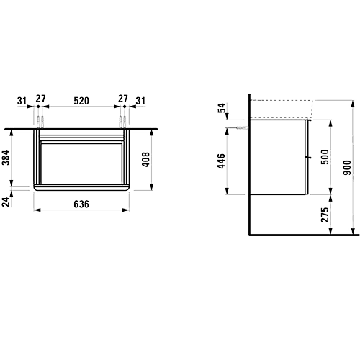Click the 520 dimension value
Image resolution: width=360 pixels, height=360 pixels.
[81, 101]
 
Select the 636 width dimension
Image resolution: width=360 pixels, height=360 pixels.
[81, 204]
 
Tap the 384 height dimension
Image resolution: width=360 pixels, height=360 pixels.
[6, 158]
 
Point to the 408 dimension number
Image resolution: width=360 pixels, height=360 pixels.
[145, 159]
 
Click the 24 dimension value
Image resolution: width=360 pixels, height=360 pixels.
[6, 202]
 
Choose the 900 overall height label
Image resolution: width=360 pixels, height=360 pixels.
[347, 167]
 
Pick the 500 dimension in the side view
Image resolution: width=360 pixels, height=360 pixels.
[325, 157]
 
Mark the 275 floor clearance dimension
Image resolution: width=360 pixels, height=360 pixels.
[325, 215]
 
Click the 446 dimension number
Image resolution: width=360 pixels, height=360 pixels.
[222, 161]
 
